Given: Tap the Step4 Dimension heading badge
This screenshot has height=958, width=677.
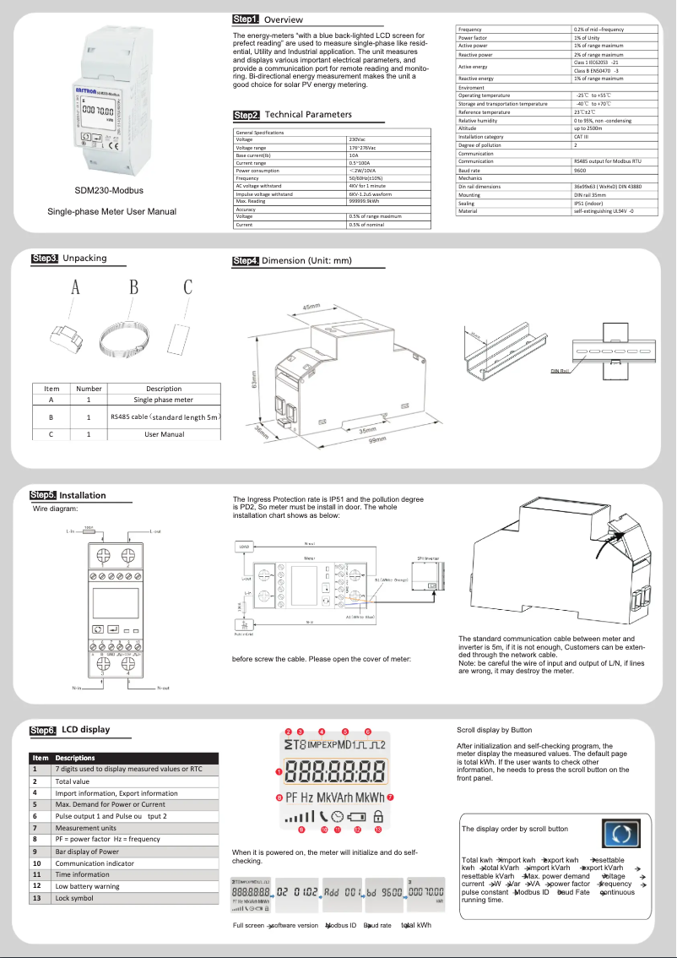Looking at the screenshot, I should point(246,261).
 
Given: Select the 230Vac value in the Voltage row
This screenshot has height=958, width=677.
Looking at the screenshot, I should point(359,139).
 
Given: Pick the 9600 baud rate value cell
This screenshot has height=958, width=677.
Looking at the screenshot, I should point(582,170).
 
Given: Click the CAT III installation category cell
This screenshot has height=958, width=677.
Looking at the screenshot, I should point(582,137).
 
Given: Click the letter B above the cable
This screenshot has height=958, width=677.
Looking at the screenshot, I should point(133,288).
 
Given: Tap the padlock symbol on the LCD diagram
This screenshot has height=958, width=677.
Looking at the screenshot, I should point(377,817).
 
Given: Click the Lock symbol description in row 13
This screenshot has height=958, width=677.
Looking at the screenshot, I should point(74,899).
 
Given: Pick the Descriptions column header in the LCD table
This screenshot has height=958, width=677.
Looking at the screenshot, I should point(75,758).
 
